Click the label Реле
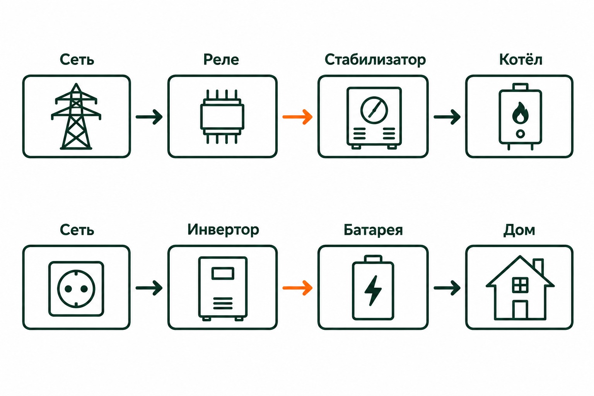(221, 60)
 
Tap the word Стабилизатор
(375, 60)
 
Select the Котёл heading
(521, 59)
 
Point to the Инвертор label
(223, 230)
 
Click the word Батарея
(373, 230)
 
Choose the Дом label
(519, 230)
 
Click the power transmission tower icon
(76, 116)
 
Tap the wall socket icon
(76, 289)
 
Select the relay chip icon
(222, 117)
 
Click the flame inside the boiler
(520, 113)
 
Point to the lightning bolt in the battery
(373, 291)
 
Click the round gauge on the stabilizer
(374, 110)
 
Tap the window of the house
(520, 285)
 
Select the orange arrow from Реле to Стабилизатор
(297, 117)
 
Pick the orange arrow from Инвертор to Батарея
(297, 288)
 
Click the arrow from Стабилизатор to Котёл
(447, 117)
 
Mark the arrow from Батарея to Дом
(447, 288)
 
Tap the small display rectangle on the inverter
(223, 273)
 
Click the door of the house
(520, 310)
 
